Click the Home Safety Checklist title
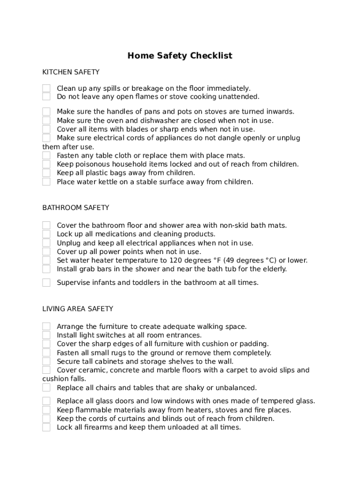(x=180, y=56)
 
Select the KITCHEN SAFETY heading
(x=71, y=72)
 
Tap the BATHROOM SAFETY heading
(x=76, y=207)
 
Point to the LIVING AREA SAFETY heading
(x=78, y=309)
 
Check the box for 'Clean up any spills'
(x=46, y=88)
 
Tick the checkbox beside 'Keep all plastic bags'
(x=46, y=173)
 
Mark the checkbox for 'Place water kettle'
(x=46, y=182)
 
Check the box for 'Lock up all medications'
(x=46, y=234)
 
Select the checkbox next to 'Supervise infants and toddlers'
(x=46, y=283)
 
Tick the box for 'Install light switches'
(x=46, y=335)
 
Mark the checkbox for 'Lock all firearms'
(x=46, y=428)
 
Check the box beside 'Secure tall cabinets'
(x=46, y=362)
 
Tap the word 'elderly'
(x=273, y=269)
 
